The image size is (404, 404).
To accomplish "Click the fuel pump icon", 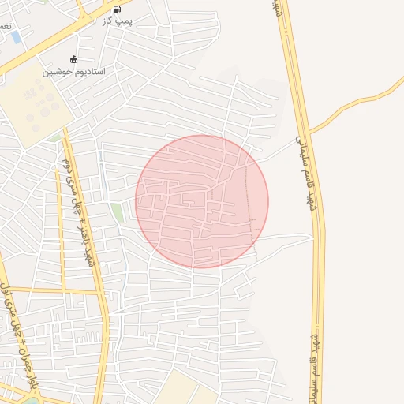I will (x=118, y=9).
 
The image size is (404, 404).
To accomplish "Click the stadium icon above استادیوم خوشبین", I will (x=74, y=59).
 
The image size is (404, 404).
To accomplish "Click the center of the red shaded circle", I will (x=202, y=201).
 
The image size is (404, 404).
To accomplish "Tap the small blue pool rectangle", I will (x=16, y=37).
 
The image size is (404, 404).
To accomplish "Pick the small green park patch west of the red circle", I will (x=117, y=211).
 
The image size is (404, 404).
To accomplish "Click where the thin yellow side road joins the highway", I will (x=309, y=131).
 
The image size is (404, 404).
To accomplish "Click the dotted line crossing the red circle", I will (x=251, y=205).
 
